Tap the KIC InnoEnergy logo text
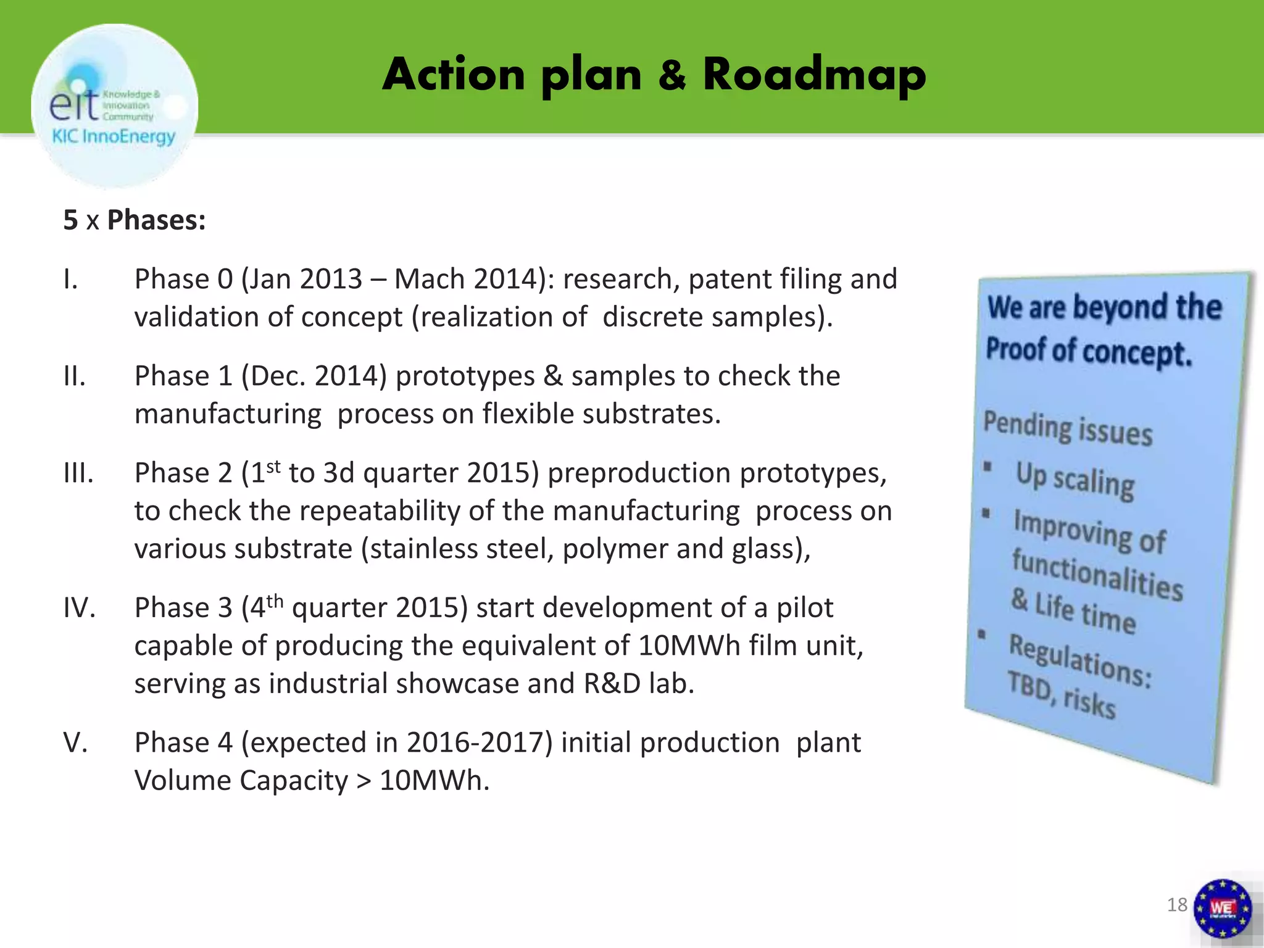click(114, 136)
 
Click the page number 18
click(1177, 905)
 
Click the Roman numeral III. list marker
click(78, 473)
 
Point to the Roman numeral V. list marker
click(75, 743)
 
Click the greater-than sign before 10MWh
click(364, 781)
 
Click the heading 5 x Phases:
click(135, 220)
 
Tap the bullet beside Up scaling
click(987, 466)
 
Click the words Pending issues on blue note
click(1068, 428)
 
